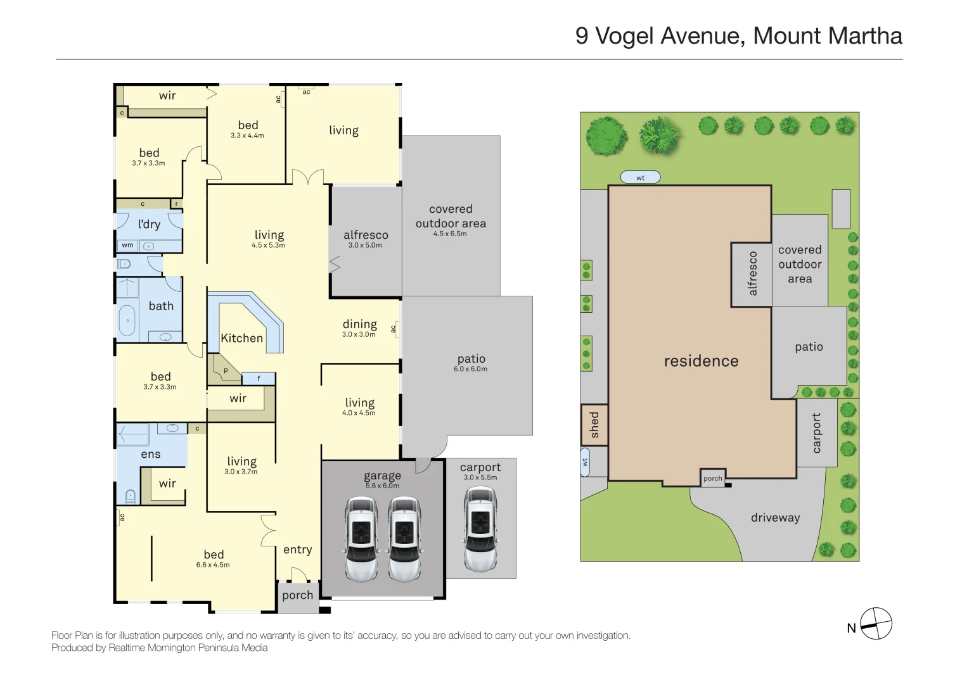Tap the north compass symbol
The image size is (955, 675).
tap(876, 624)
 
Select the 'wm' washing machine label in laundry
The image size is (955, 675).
tap(127, 245)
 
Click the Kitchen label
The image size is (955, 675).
tap(241, 338)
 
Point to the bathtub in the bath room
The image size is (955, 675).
tap(127, 320)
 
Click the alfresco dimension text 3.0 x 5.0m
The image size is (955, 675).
tap(365, 245)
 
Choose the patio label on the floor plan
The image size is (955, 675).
tap(471, 359)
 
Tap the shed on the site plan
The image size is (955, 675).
tap(594, 425)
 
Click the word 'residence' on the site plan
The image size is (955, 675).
tap(702, 361)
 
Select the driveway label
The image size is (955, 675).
tap(775, 517)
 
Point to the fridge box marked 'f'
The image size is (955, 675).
tap(259, 379)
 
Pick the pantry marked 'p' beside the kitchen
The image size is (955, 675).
tap(224, 369)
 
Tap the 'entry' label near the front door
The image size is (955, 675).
tap(298, 549)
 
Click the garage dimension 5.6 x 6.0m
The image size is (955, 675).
tap(382, 486)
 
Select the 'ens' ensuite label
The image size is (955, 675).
tap(150, 454)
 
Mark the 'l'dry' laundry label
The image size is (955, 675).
tap(149, 224)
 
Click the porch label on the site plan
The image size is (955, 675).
tap(713, 478)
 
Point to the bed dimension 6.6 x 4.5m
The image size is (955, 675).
tap(213, 565)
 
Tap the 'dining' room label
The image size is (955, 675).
tap(360, 324)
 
